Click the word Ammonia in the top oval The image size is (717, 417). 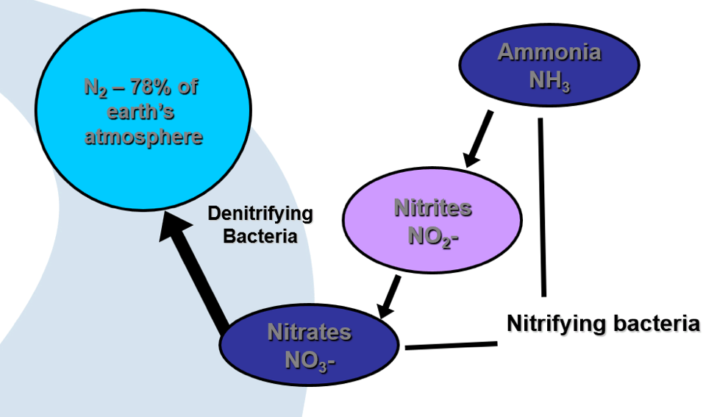(549, 52)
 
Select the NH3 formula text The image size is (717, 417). (549, 77)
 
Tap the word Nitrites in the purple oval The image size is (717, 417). (432, 207)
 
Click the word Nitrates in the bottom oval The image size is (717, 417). (309, 332)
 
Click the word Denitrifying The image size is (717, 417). (260, 214)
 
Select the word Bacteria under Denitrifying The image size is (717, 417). (260, 237)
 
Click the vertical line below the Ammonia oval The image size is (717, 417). (542, 206)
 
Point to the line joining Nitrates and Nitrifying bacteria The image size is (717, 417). (451, 344)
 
